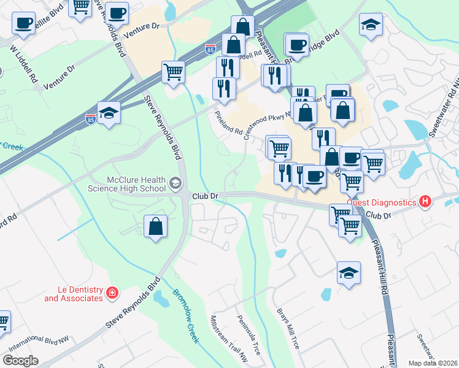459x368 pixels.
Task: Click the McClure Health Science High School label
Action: click(136, 184)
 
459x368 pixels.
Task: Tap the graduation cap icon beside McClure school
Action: click(175, 183)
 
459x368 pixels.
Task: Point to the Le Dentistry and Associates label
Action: click(72, 294)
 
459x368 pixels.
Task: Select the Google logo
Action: click(21, 361)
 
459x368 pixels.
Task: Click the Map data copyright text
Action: click(433, 363)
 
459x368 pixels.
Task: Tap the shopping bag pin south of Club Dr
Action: click(156, 226)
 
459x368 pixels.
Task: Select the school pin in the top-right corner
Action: click(371, 25)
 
